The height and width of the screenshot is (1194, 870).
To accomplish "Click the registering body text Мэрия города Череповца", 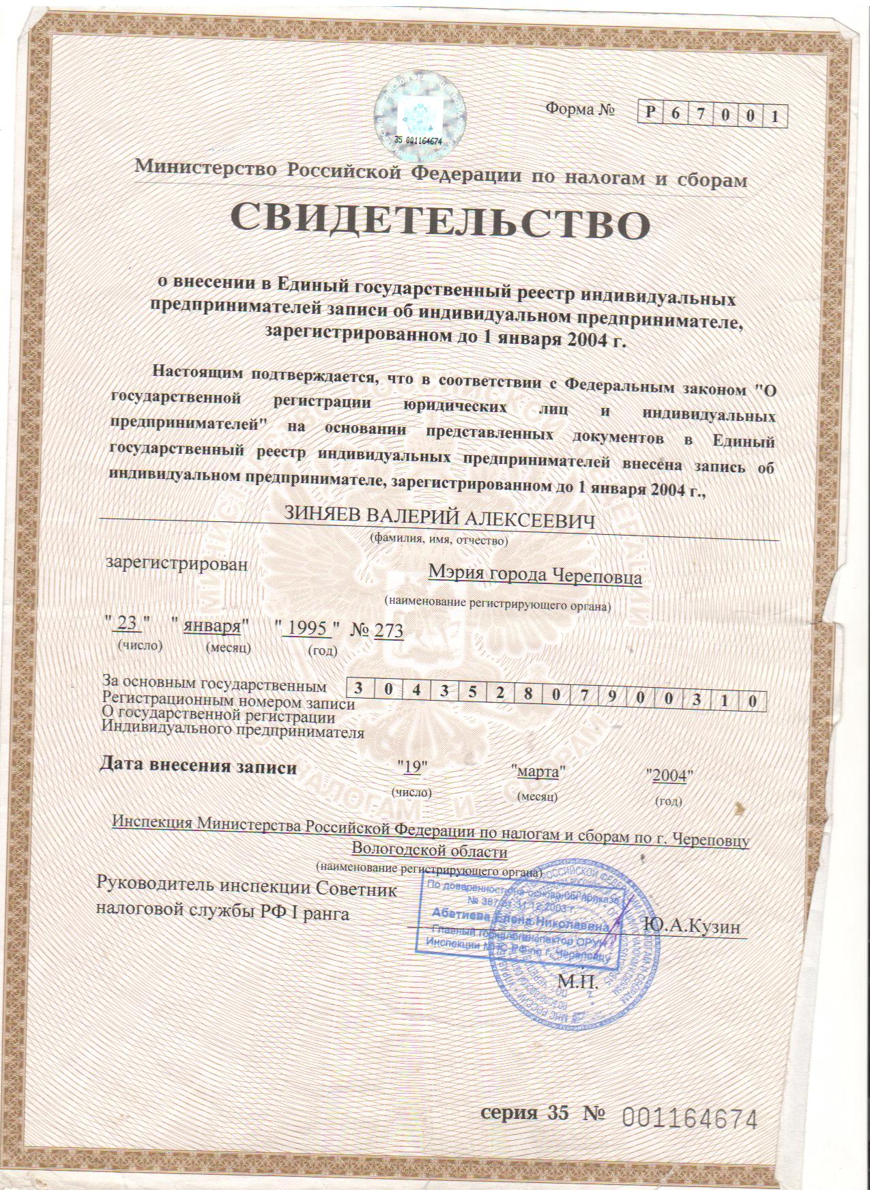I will pos(535,577).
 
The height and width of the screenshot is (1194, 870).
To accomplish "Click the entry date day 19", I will pos(411,766).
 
